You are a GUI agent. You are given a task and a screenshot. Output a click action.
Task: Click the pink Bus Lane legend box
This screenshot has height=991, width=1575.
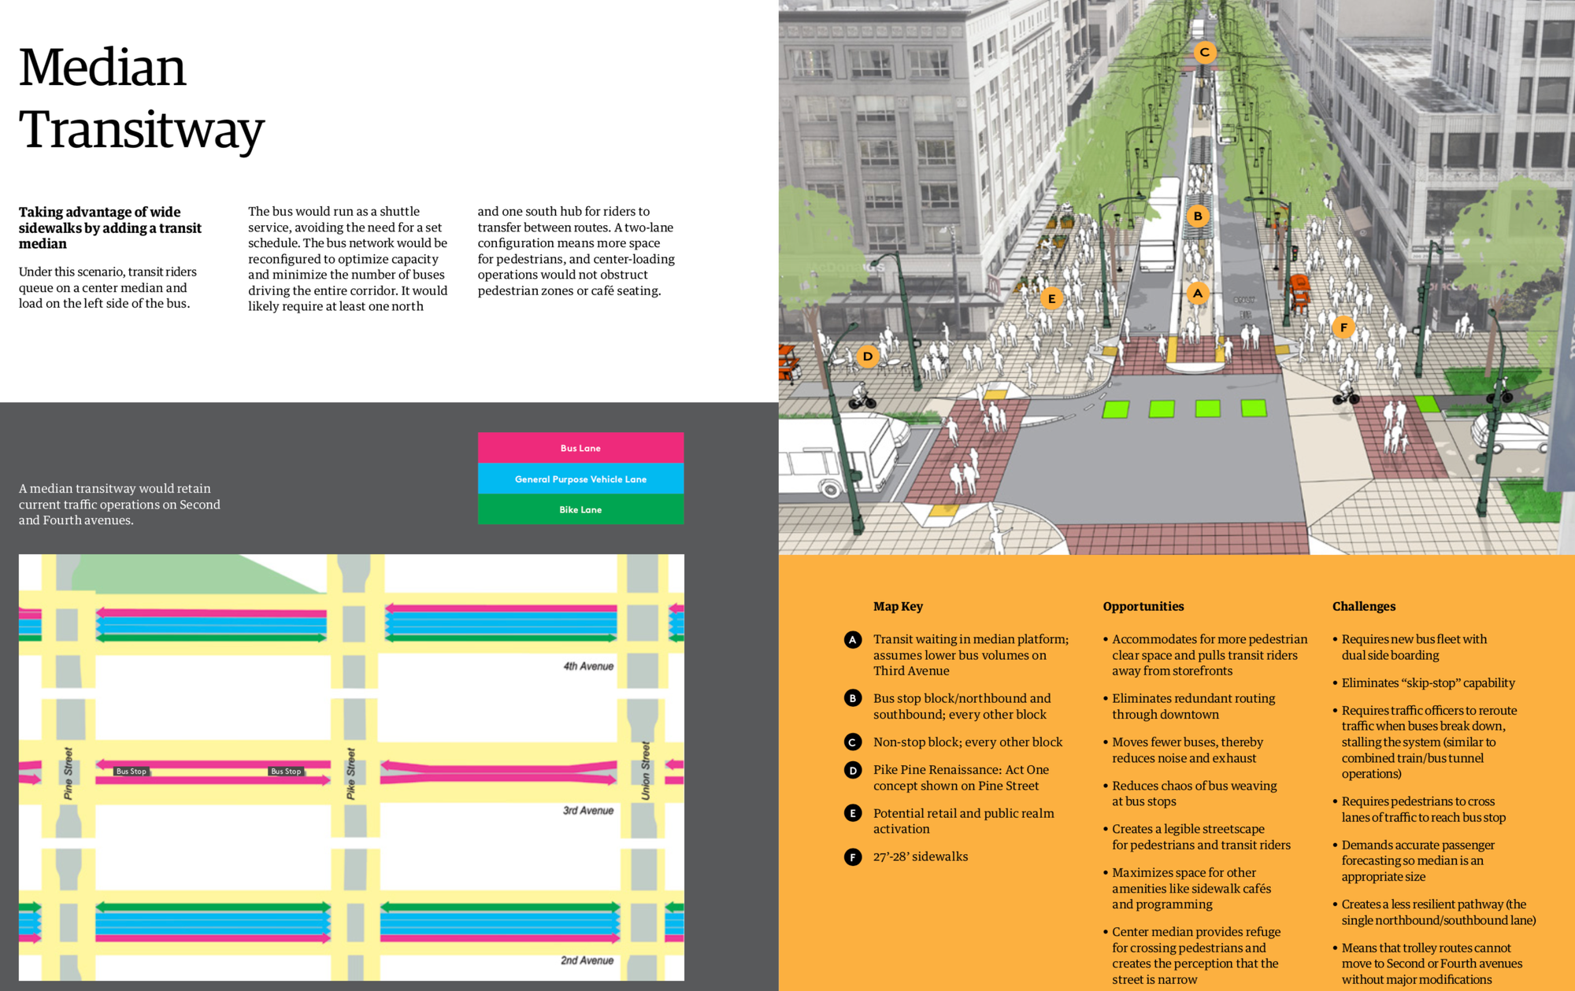coord(580,448)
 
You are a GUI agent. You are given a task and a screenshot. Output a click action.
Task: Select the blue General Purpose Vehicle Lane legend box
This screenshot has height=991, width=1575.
coord(580,479)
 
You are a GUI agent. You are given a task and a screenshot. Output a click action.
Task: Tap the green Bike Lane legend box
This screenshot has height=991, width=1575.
coord(580,509)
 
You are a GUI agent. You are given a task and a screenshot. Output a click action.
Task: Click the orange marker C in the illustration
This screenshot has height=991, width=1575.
coord(1204,53)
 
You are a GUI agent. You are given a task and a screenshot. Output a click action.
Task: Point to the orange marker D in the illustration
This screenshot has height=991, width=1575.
coord(867,357)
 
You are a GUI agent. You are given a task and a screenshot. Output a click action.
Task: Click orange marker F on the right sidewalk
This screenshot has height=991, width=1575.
coord(1343,327)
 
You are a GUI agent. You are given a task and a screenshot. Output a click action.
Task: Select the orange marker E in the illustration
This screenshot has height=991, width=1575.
coord(1051,299)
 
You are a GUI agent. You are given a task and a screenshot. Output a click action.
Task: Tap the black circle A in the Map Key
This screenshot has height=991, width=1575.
coord(853,640)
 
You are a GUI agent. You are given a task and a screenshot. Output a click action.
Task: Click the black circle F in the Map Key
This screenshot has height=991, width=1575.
coord(853,857)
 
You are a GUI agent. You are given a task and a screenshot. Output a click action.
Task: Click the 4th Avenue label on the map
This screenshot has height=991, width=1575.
coord(587,666)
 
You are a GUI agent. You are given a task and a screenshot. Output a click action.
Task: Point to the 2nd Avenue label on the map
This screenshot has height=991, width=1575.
coord(587,960)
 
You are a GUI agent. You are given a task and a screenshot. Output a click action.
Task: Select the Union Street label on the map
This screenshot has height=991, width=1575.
coord(646,771)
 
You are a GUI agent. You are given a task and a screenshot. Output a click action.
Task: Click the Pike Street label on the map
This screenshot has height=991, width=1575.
coord(351,774)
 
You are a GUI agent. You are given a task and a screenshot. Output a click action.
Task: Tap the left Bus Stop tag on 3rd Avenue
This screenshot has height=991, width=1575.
coord(131,771)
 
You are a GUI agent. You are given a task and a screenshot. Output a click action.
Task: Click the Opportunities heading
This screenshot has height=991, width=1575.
coord(1143,606)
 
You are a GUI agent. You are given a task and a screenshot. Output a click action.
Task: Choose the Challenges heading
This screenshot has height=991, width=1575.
coord(1363,606)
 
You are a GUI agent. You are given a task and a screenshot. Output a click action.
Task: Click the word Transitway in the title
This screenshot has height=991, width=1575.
coord(142,130)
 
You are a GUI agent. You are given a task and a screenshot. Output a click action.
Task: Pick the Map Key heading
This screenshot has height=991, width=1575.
coord(898,606)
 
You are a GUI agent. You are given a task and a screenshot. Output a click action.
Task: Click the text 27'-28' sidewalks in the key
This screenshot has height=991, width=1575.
coord(920,856)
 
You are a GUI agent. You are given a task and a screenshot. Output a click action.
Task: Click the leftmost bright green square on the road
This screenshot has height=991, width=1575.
coord(1115,409)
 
